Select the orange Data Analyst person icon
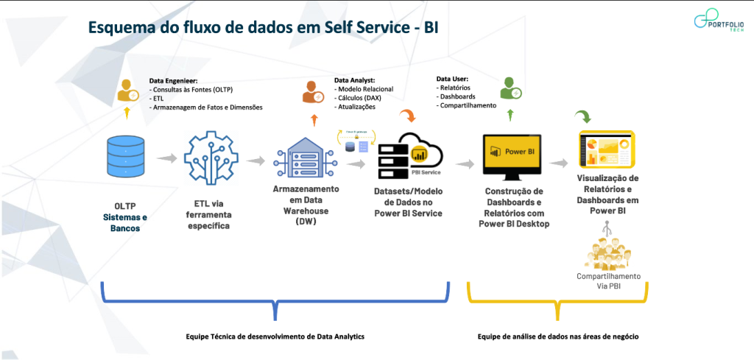pos(312,92)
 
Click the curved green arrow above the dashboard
pos(583,116)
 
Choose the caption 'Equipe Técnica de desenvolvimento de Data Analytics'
pos(275,336)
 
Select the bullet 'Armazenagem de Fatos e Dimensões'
pos(207,107)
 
